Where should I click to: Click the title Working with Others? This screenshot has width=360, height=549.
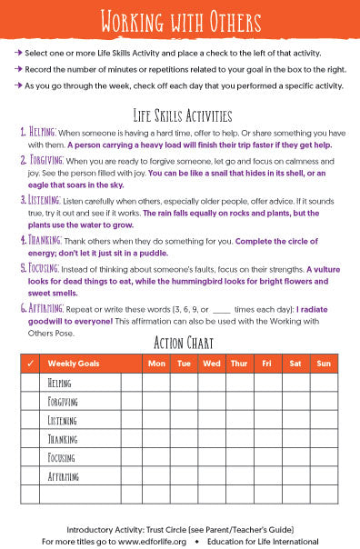point(179,19)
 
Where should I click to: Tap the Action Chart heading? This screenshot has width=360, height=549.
point(180,343)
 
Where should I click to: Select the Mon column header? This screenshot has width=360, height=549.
point(156,364)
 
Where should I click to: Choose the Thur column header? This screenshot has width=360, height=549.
point(239,364)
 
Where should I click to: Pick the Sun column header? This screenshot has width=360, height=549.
point(323,364)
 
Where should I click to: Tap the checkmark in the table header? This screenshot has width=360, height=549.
point(31,364)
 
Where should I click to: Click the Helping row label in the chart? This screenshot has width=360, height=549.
point(60,383)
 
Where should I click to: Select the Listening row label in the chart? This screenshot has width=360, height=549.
point(63,420)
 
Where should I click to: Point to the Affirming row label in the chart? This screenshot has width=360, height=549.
point(64,475)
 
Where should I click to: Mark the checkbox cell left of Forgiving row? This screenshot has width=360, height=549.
point(31,401)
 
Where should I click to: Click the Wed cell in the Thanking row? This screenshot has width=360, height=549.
point(212,438)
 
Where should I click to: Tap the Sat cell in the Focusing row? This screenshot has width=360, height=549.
point(295,457)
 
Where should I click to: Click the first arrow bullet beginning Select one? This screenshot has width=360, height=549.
point(18,54)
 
